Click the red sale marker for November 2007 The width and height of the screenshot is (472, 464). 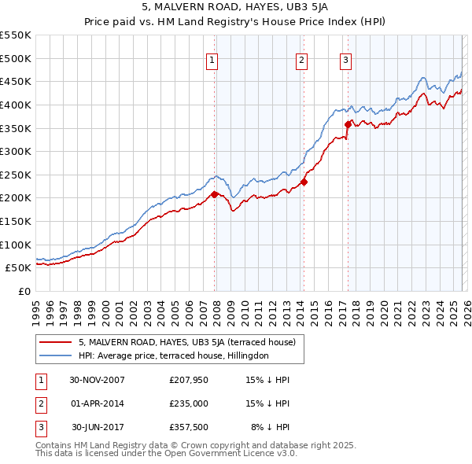pos(214,193)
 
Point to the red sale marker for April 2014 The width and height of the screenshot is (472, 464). pos(304,182)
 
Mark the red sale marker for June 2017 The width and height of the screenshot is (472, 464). pos(348,124)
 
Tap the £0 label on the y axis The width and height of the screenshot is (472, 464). pos(24,291)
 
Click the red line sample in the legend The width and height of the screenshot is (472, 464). pos(57,342)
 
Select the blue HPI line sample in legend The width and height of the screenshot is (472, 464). pos(57,355)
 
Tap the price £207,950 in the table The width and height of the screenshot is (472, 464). pos(188,380)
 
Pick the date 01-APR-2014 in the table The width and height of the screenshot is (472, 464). pos(97,403)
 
